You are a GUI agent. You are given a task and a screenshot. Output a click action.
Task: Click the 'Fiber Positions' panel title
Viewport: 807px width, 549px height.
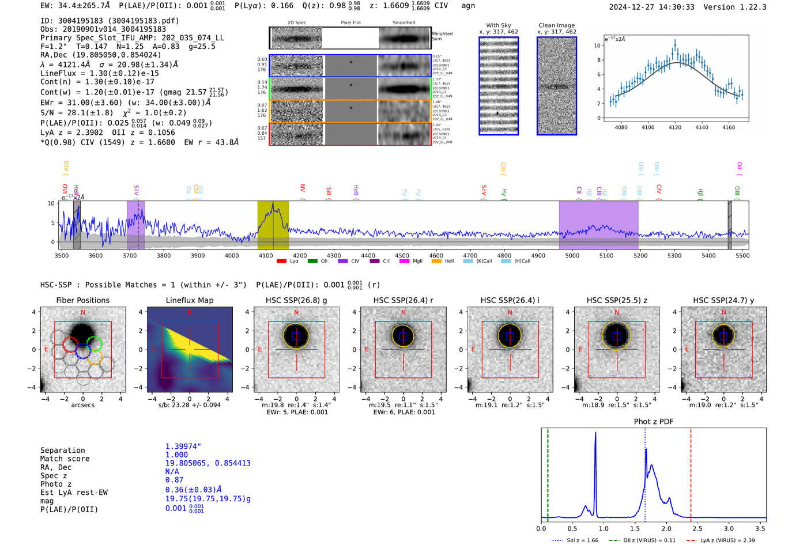tap(82, 300)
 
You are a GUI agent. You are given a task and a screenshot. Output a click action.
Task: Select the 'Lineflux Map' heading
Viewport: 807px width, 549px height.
tap(189, 300)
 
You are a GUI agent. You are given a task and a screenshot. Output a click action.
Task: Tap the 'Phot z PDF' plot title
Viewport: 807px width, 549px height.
tap(653, 422)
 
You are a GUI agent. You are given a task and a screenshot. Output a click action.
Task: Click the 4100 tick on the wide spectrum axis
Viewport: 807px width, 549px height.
tap(266, 256)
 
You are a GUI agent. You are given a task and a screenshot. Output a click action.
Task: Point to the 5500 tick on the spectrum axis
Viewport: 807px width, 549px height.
tap(742, 256)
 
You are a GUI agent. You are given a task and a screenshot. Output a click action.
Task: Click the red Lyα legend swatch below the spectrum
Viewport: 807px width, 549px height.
tap(282, 262)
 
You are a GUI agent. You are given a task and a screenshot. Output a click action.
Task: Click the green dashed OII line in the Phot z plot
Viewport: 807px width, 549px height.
tap(548, 472)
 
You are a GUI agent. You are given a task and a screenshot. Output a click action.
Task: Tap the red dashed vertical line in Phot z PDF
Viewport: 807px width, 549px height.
tap(691, 472)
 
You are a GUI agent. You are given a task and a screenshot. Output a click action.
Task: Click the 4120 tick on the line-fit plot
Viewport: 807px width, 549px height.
tap(674, 127)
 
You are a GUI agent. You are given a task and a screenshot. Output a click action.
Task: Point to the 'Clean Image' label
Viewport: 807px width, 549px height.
tap(556, 25)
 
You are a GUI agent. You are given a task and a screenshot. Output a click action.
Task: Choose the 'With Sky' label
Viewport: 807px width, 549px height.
tap(498, 25)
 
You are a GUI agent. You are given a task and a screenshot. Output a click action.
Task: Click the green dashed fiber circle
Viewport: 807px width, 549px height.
tap(95, 344)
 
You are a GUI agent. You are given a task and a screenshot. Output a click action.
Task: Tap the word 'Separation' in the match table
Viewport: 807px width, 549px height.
tap(62, 450)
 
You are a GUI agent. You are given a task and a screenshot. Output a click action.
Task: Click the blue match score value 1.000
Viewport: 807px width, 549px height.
tap(176, 455)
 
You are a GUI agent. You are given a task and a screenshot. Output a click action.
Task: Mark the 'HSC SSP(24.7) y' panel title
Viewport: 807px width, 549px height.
tap(723, 300)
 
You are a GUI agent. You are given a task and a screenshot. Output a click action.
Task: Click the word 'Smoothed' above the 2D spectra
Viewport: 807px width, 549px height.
tap(403, 23)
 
